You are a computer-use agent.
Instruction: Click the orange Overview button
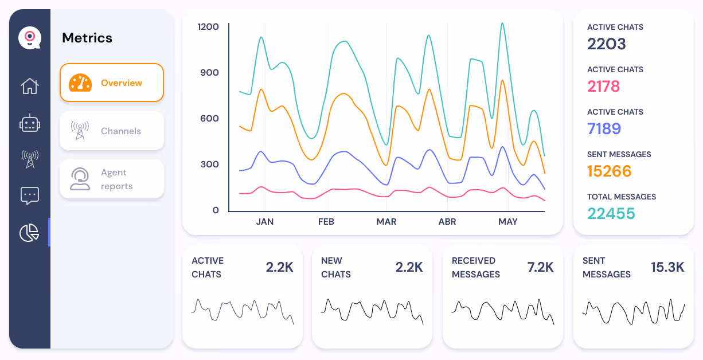tap(112, 83)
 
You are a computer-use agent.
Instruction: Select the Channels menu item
tap(112, 131)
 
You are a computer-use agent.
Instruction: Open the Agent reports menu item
tap(112, 179)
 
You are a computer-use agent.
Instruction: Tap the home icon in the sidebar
tap(30, 86)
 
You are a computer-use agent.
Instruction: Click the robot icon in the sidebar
tap(30, 123)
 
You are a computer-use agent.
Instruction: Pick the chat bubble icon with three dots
tap(30, 195)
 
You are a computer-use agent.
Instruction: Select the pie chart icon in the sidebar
tap(30, 232)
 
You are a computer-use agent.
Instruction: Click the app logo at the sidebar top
tap(30, 38)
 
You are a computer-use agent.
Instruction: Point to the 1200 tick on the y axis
tap(208, 26)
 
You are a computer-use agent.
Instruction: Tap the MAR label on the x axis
tap(386, 221)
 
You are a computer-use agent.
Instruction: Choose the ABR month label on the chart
tap(447, 221)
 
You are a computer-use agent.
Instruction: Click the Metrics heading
tap(87, 38)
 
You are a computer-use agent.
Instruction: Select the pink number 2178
tap(604, 86)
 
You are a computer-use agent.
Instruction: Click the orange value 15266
tap(610, 171)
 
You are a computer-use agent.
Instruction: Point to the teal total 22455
tap(611, 213)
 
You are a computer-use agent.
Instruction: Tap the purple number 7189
tap(604, 128)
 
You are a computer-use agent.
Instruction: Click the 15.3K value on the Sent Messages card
tap(667, 267)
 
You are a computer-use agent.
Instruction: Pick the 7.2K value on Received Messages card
tap(540, 267)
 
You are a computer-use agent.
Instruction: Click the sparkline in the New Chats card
tap(372, 310)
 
